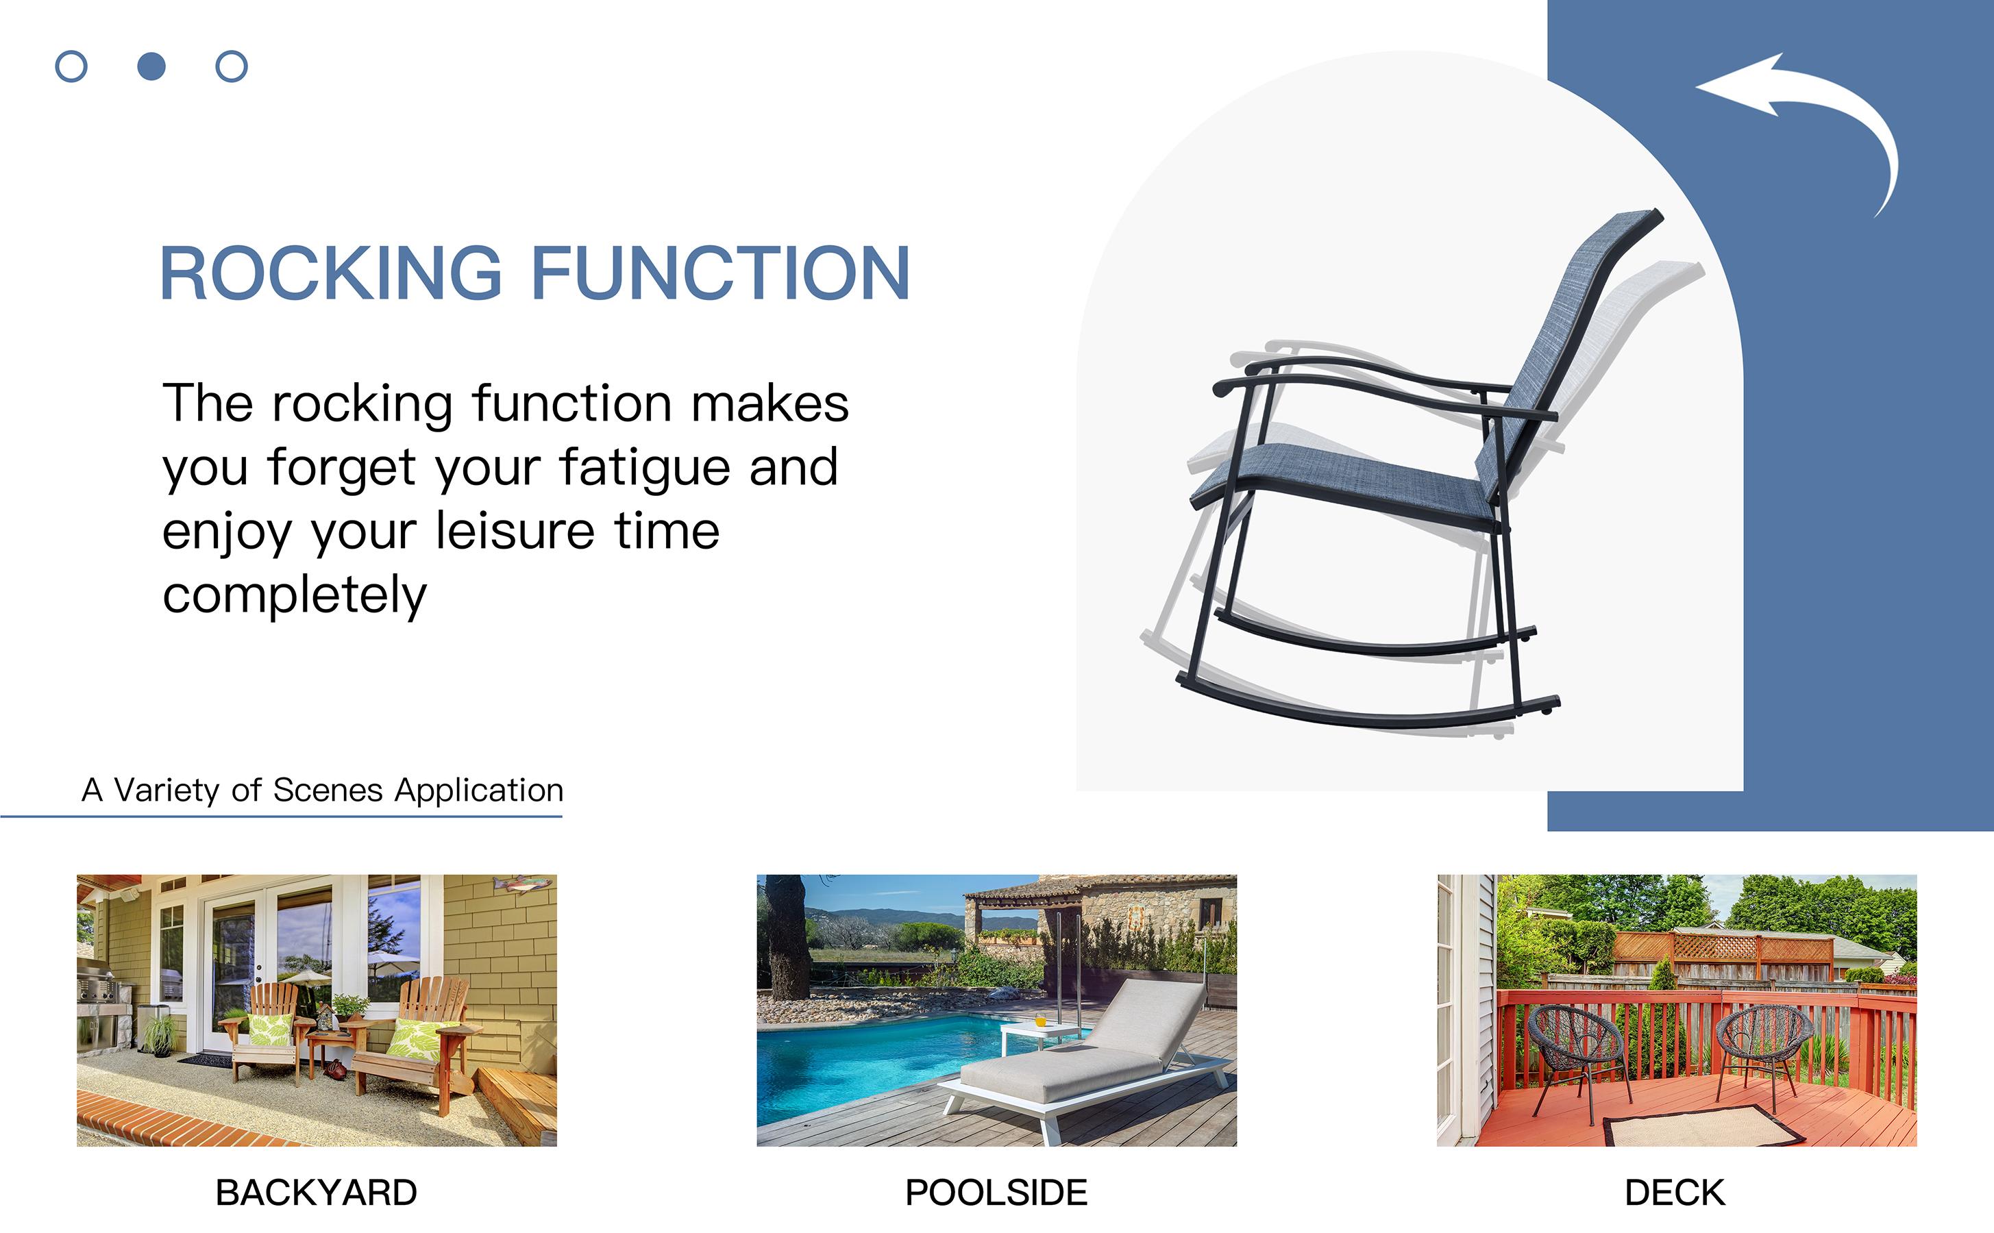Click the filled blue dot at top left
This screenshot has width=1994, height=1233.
151,66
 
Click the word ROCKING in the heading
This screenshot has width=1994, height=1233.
330,274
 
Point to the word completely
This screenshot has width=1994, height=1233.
295,595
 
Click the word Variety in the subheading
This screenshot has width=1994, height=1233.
167,790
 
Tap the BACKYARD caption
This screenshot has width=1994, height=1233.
316,1192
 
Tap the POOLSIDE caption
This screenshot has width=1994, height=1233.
996,1192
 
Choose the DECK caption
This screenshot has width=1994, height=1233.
1674,1192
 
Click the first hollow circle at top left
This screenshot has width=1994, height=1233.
71,66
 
